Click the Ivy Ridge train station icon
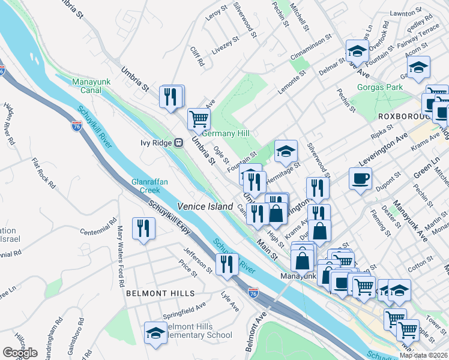[178, 143]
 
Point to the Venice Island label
[205, 206]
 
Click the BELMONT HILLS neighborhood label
[160, 293]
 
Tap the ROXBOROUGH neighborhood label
[402, 115]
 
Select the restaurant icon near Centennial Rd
[143, 228]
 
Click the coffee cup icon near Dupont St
[360, 178]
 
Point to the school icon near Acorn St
[419, 66]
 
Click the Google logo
[20, 353]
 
